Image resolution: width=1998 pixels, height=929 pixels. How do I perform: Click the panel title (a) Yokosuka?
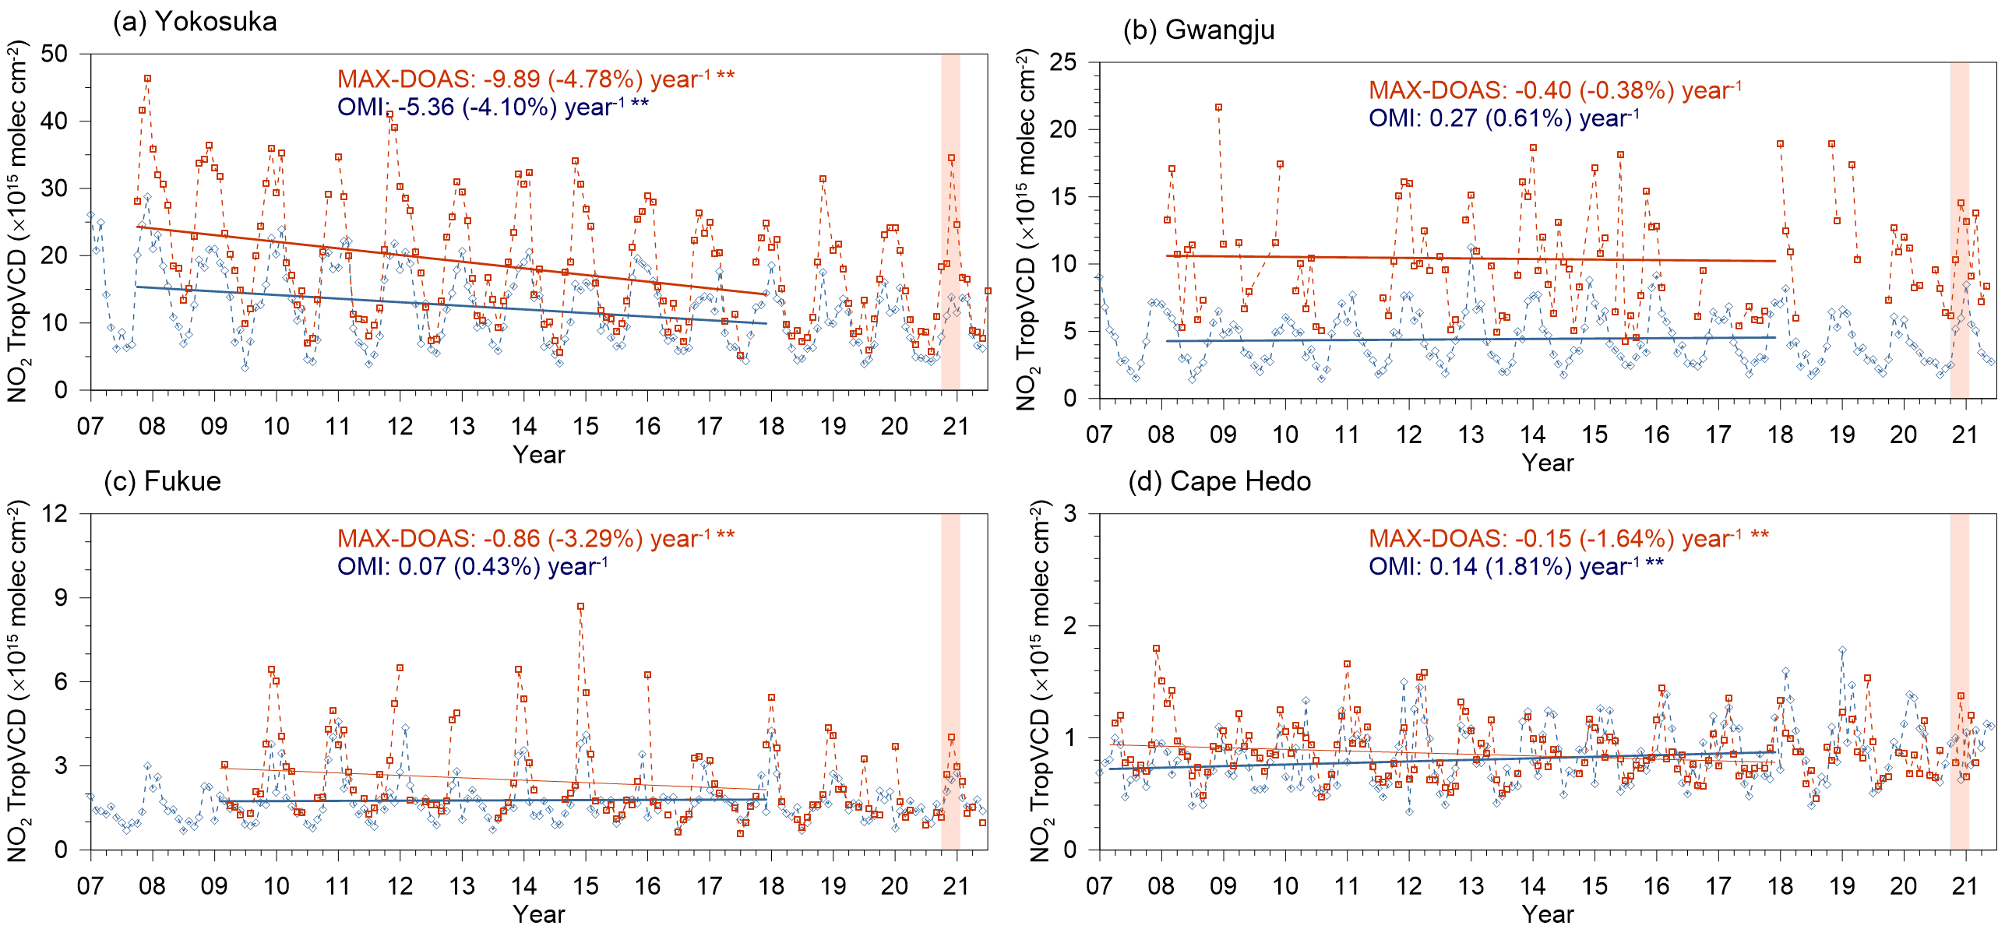[195, 22]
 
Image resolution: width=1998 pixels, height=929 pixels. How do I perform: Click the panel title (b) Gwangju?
[1199, 30]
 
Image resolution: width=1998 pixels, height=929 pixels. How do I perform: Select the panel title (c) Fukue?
[162, 481]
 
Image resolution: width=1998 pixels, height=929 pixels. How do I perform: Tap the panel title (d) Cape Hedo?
[1219, 481]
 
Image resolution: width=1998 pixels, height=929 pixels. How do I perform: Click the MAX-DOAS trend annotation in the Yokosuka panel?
[535, 79]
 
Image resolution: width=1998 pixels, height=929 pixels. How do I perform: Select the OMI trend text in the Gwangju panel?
[1503, 118]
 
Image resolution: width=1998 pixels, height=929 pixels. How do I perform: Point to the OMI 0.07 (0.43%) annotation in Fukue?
[472, 566]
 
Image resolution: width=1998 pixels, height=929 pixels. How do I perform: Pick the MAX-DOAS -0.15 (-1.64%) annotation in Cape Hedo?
[1568, 538]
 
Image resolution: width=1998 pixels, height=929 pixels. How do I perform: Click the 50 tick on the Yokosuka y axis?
[55, 54]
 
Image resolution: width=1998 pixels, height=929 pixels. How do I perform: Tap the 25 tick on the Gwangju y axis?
[1062, 62]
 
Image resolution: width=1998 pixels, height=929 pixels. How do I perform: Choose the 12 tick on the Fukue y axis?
[55, 513]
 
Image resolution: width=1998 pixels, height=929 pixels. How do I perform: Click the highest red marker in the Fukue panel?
[580, 606]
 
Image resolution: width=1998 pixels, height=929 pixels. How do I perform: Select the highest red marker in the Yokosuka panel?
[147, 79]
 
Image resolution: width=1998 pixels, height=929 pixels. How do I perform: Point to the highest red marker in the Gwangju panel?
[1218, 107]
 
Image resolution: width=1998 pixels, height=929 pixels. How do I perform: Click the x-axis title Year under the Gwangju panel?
[1547, 463]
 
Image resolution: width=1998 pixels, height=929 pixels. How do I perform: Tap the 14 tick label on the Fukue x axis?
[523, 886]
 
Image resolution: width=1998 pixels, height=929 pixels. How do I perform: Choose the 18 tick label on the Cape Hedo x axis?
[1780, 886]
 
